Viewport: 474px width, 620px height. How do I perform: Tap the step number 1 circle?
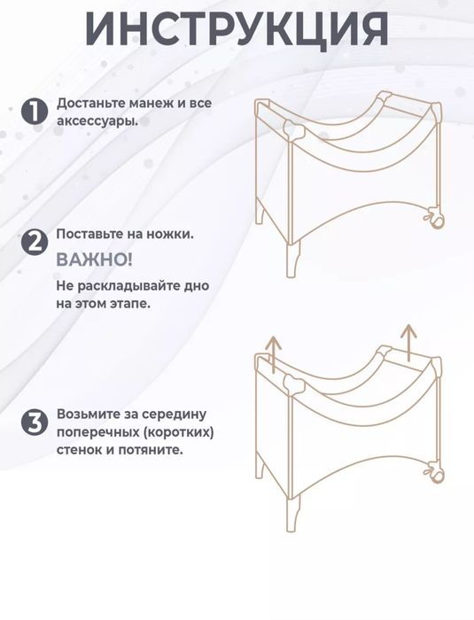tap(32, 112)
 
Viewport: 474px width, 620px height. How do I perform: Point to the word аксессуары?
tap(97, 120)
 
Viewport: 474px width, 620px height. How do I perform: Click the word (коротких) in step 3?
tap(182, 432)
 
